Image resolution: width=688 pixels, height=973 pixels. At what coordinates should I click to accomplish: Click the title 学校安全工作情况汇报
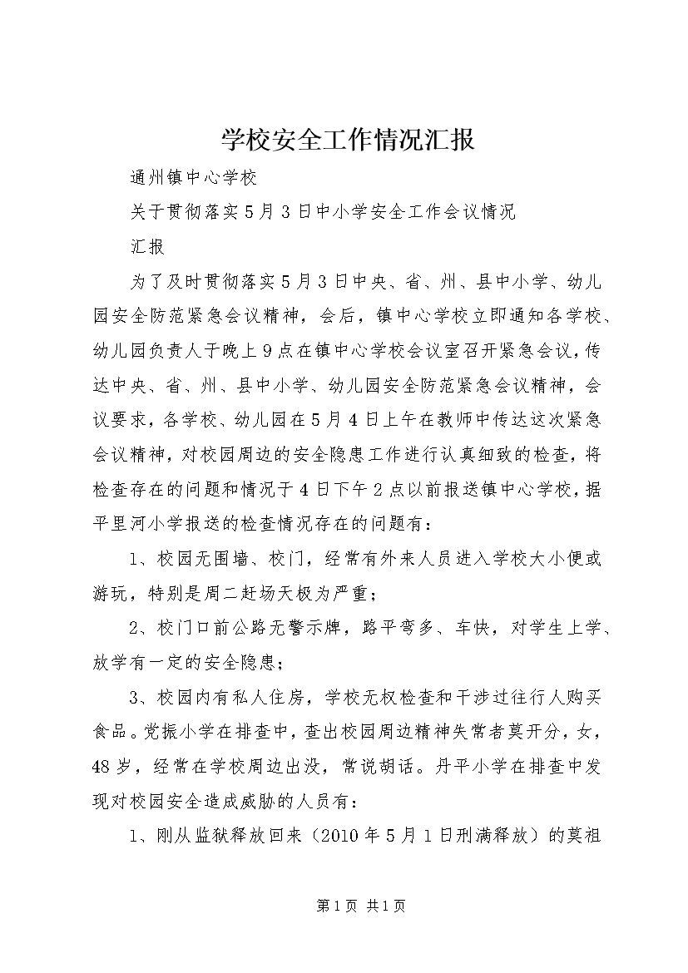click(x=349, y=140)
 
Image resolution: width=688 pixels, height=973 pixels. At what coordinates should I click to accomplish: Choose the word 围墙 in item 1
click(x=232, y=560)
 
